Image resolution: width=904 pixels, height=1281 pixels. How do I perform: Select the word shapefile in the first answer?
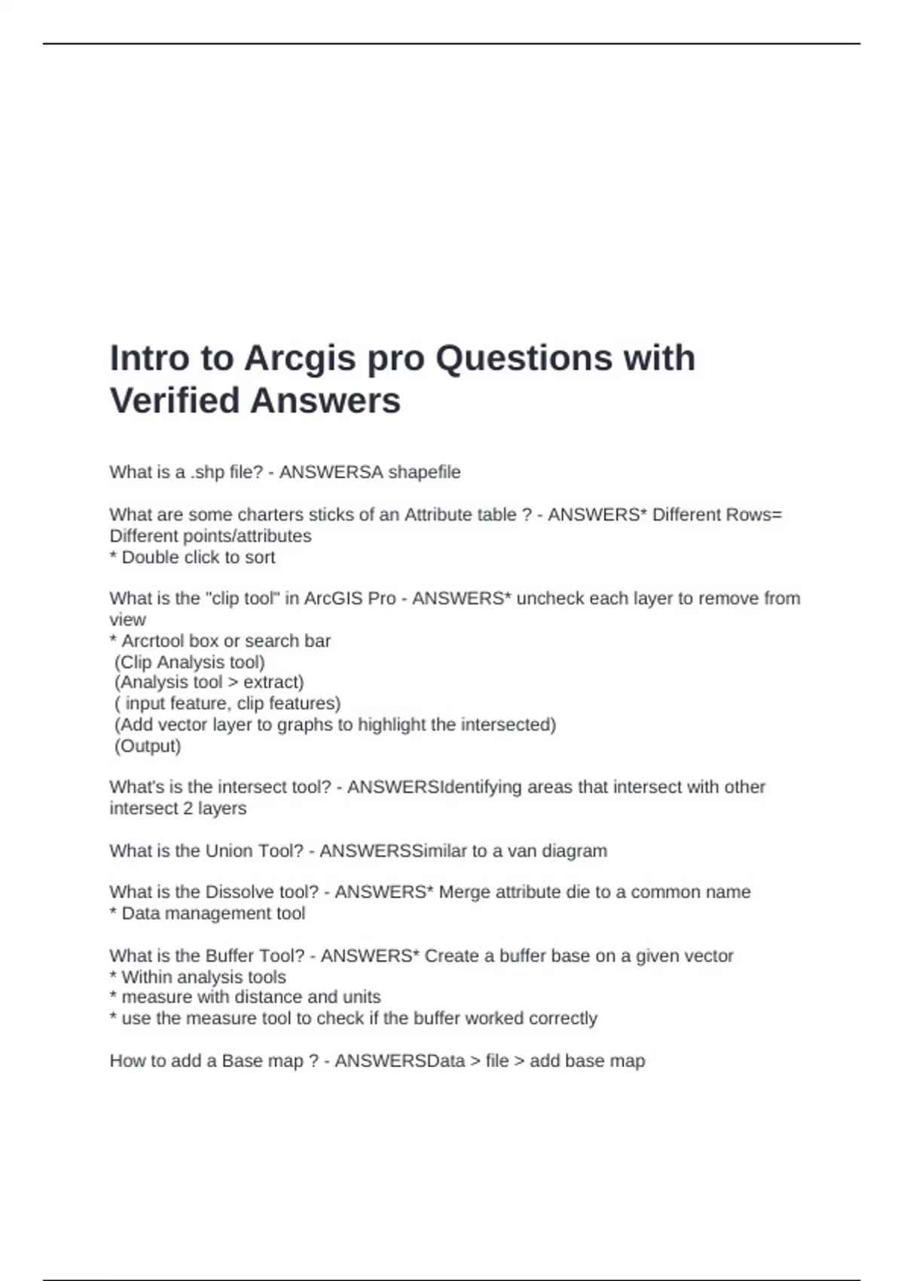pos(423,472)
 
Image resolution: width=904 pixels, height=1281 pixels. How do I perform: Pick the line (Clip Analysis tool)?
pos(190,662)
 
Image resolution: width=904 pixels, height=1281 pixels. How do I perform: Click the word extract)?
pos(273,682)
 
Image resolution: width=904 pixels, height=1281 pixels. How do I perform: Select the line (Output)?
pos(148,746)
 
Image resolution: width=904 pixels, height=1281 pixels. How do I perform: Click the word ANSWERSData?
pos(399,1061)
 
